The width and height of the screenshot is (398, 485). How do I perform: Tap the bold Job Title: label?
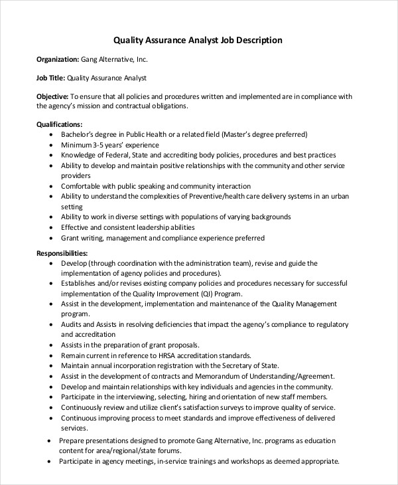[x=52, y=78]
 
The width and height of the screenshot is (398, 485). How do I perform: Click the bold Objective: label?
[x=52, y=97]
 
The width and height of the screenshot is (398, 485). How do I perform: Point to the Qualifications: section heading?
[x=60, y=124]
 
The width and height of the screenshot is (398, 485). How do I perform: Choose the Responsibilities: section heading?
[x=62, y=253]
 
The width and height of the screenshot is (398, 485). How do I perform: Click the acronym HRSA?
[x=174, y=355]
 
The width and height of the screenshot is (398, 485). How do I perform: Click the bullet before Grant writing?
[x=52, y=238]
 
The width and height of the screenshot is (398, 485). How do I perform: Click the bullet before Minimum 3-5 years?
[x=52, y=145]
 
